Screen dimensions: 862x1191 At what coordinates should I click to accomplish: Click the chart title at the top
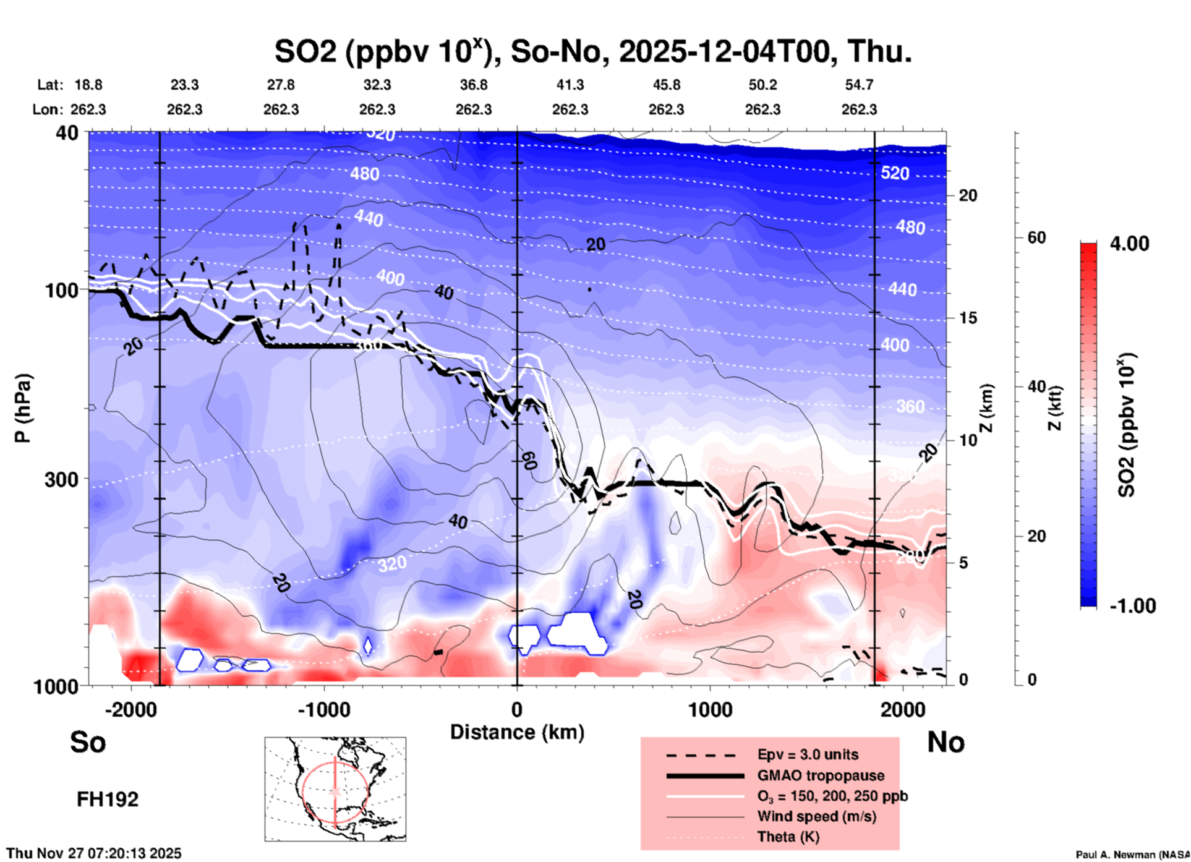point(592,51)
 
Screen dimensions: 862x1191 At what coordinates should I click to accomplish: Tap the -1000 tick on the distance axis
point(324,710)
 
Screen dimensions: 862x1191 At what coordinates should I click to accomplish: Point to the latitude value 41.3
point(570,85)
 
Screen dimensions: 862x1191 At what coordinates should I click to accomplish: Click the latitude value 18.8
point(88,85)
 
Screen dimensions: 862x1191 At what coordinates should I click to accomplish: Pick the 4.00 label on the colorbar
point(1129,243)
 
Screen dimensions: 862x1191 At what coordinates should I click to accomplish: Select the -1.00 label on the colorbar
point(1132,606)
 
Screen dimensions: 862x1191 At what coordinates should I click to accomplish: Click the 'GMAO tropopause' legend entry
point(820,775)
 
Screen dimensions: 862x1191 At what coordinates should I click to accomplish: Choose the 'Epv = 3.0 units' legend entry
point(808,754)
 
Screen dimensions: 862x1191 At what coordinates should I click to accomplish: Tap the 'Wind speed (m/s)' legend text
point(816,816)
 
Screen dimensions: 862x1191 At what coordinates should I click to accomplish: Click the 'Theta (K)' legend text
point(788,837)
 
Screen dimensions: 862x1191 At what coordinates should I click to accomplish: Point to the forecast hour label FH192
point(108,800)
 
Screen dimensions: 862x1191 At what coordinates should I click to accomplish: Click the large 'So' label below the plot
point(88,741)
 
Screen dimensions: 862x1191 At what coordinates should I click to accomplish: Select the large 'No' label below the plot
point(946,742)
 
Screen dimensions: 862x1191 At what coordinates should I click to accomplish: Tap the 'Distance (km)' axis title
point(517,732)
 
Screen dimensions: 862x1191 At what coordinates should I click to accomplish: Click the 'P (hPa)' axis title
point(23,408)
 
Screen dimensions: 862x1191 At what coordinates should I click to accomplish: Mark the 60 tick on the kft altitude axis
point(1036,237)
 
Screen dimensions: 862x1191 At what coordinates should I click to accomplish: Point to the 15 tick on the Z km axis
point(968,318)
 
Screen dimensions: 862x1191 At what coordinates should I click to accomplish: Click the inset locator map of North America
point(335,789)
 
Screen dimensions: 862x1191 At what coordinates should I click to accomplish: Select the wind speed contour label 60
point(529,460)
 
